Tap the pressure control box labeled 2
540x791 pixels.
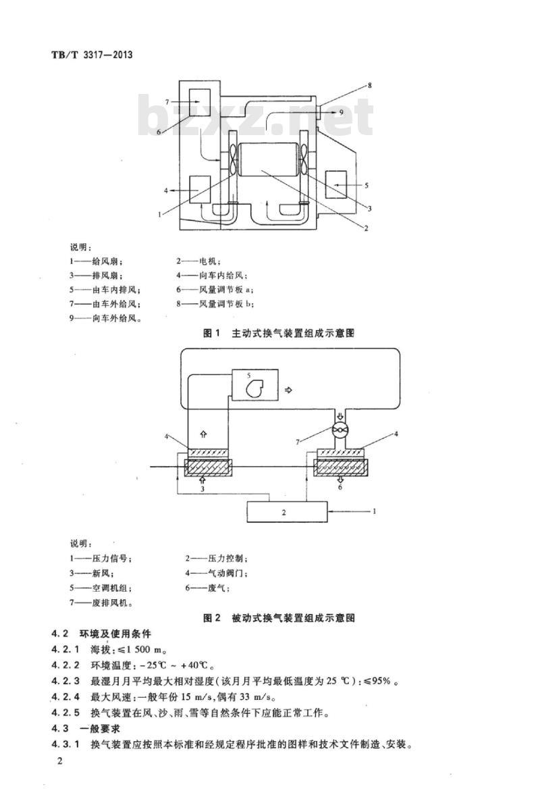tap(284, 512)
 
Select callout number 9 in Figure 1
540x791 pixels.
tap(341, 111)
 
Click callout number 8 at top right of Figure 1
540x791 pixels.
tap(369, 86)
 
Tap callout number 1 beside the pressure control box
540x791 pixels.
tap(373, 511)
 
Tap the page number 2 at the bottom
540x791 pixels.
tap(60, 762)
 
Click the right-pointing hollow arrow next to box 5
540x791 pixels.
tap(289, 390)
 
